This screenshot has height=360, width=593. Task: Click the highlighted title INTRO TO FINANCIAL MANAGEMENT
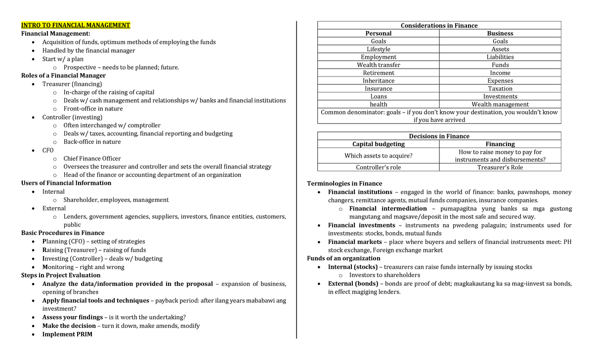tap(76, 25)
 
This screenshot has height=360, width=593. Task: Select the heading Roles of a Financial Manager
tap(63, 76)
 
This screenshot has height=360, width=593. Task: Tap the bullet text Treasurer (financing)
tap(72, 84)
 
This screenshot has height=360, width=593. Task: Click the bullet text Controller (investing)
tap(72, 117)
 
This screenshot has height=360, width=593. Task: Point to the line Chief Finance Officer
tap(92, 159)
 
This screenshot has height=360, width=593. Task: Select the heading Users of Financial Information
tap(66, 183)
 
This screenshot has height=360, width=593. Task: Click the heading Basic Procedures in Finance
tap(63, 233)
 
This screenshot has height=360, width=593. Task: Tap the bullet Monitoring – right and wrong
tap(83, 267)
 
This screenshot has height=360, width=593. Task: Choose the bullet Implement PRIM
tap(67, 334)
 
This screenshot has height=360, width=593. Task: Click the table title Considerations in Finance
tap(439, 26)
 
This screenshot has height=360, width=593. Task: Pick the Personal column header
tap(378, 34)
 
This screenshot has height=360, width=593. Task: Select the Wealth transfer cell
tap(379, 65)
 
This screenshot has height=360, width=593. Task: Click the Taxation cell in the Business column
tap(500, 89)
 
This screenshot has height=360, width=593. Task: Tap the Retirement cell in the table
tap(379, 73)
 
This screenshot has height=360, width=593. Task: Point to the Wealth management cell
tap(500, 105)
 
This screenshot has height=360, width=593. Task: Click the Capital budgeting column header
tap(378, 144)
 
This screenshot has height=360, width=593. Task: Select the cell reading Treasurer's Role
tap(500, 167)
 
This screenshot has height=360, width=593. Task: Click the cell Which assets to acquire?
tap(378, 156)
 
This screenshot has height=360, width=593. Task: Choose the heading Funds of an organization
tap(343, 258)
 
